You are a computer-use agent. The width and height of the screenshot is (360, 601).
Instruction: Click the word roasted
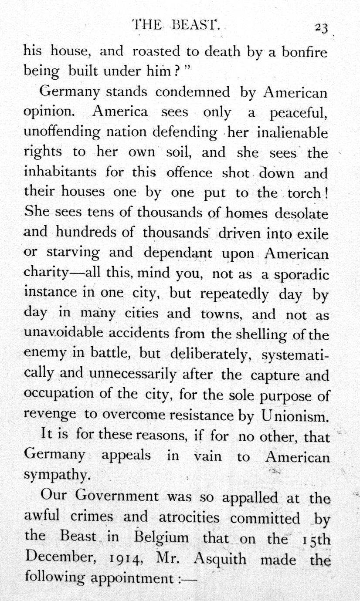pos(156,52)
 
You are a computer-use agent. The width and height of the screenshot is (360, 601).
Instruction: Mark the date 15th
pos(312,538)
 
